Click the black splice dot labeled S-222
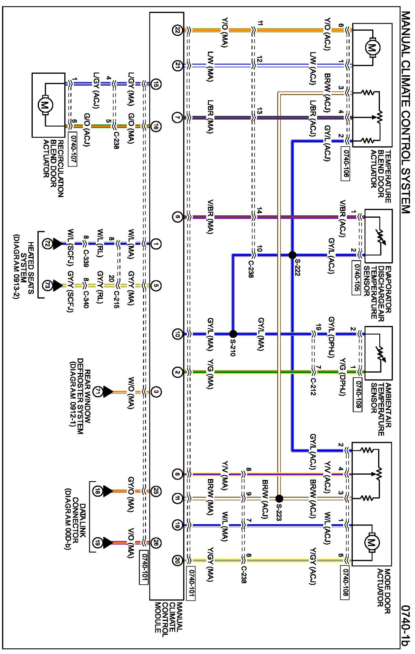tap(292, 255)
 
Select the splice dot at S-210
tap(233, 334)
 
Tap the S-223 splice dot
tap(279, 498)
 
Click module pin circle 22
tap(178, 30)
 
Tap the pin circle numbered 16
tap(156, 126)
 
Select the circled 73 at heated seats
tap(47, 286)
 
